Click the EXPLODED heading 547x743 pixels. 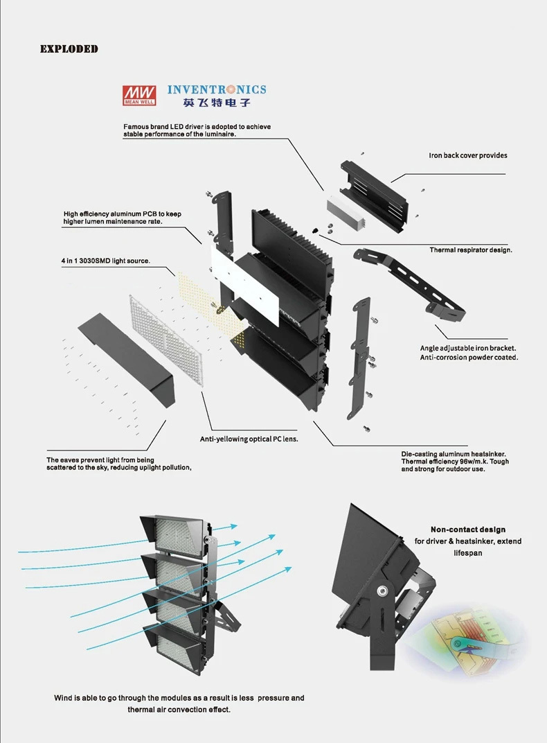pyautogui.click(x=69, y=49)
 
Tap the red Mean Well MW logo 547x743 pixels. pyautogui.click(x=140, y=94)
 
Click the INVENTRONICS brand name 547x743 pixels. pyautogui.click(x=217, y=89)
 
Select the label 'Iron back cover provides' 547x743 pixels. pyautogui.click(x=467, y=155)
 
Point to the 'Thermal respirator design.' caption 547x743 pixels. pyautogui.click(x=471, y=250)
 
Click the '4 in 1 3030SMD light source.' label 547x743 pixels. pyautogui.click(x=105, y=261)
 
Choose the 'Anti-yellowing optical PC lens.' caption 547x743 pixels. pyautogui.click(x=249, y=439)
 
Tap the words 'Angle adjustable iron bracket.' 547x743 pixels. pyautogui.click(x=468, y=348)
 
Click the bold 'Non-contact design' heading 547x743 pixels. pyautogui.click(x=468, y=530)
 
